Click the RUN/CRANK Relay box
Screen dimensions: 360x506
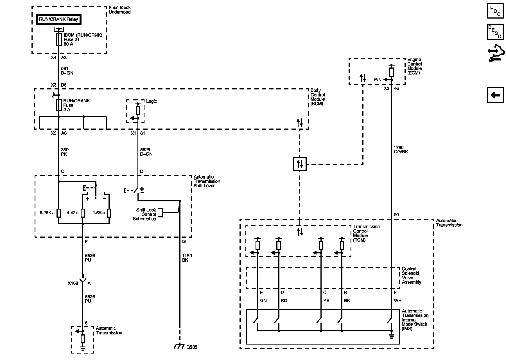click(x=59, y=19)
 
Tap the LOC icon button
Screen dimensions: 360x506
click(x=495, y=11)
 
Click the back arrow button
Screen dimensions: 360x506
click(x=495, y=95)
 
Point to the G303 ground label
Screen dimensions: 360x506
click(x=192, y=347)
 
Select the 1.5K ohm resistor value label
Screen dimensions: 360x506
click(x=99, y=213)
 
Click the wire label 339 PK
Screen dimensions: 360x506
click(x=65, y=152)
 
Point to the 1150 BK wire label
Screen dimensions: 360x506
click(x=187, y=258)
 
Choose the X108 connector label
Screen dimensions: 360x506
click(x=73, y=283)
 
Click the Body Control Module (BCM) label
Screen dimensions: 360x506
click(x=318, y=97)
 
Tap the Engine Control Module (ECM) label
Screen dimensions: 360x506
click(x=414, y=66)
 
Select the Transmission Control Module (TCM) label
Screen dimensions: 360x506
click(x=366, y=233)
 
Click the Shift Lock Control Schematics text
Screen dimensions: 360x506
click(x=146, y=214)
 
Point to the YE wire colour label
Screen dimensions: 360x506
click(x=326, y=301)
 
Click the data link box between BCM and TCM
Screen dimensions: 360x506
click(x=300, y=164)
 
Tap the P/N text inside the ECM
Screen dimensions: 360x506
click(x=378, y=80)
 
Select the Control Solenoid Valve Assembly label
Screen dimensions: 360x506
click(x=411, y=275)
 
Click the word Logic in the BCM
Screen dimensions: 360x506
click(x=152, y=101)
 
